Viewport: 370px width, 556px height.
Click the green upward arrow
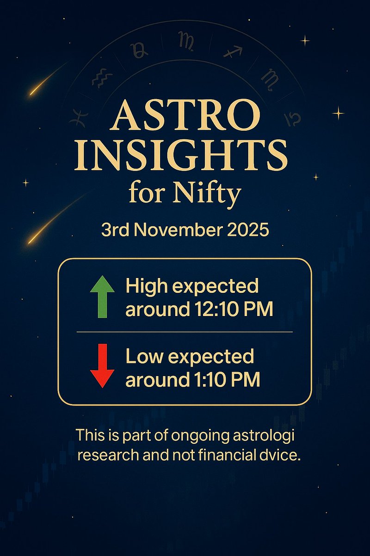103,297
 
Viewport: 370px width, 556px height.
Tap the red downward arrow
103,365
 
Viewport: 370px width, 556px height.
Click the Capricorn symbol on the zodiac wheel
292,119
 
